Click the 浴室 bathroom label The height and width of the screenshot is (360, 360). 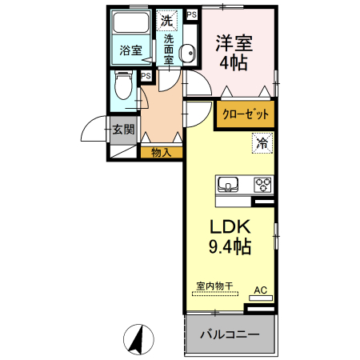[x=131, y=50]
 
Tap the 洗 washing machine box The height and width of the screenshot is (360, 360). [x=168, y=20]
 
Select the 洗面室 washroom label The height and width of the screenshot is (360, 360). [x=169, y=49]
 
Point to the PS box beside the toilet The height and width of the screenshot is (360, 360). [x=146, y=77]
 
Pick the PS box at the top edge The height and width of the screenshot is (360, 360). [x=191, y=14]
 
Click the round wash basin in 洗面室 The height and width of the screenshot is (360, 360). [x=189, y=54]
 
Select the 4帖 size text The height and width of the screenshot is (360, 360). [x=234, y=61]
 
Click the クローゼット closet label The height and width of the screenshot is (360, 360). [x=245, y=114]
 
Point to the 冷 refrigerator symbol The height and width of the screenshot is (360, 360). [x=262, y=145]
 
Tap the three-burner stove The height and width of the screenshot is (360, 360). [x=262, y=185]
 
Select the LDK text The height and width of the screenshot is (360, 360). [x=231, y=226]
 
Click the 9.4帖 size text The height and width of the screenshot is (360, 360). [x=231, y=246]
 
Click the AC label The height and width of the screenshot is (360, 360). [x=260, y=289]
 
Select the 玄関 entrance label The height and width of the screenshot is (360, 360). [x=123, y=130]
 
